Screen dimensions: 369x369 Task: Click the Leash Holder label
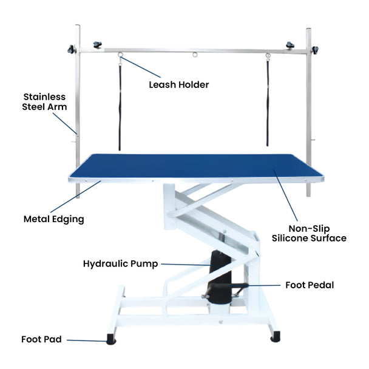click(178, 85)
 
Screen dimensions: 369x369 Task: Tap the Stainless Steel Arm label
click(45, 101)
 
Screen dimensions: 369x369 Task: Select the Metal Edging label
click(53, 218)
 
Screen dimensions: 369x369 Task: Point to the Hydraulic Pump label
click(121, 264)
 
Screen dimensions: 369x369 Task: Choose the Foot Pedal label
click(310, 284)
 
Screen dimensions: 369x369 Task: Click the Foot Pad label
click(41, 339)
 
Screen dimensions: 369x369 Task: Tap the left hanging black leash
click(120, 103)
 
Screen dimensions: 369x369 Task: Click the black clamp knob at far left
click(72, 49)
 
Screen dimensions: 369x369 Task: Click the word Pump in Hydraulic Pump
click(146, 264)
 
